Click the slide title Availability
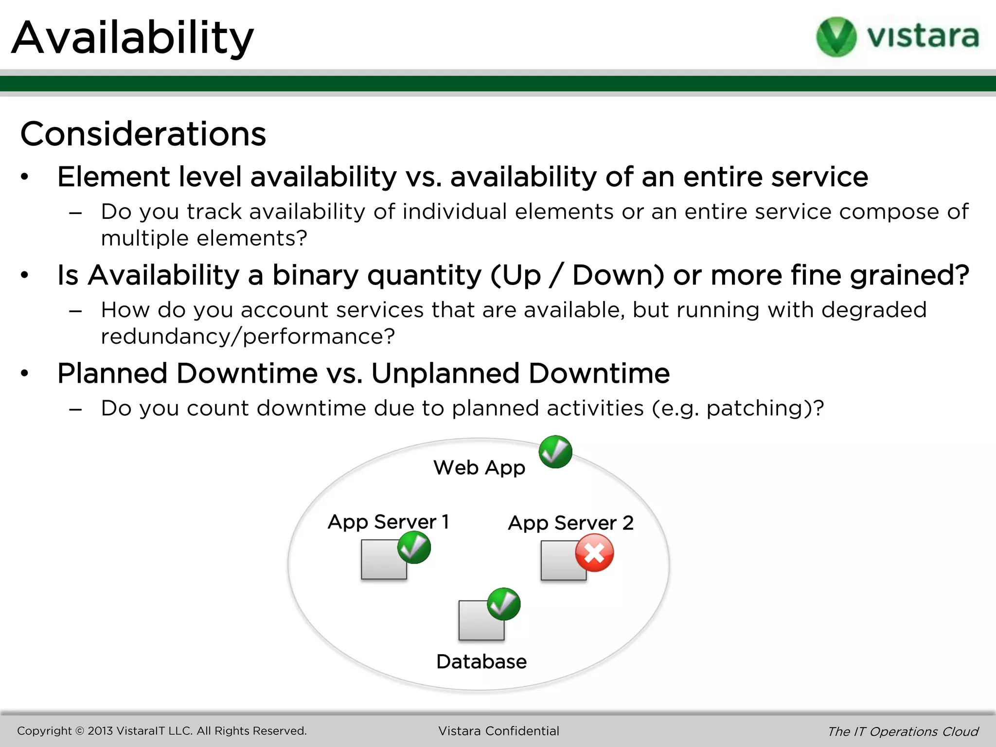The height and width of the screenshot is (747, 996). (132, 38)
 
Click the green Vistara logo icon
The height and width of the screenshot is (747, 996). (836, 36)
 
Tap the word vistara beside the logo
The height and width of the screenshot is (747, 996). (923, 36)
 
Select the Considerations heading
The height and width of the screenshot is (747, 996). (143, 134)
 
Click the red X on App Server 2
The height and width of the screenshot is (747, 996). (594, 553)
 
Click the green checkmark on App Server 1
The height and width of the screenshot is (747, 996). (414, 547)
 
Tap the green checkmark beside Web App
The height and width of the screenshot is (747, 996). (555, 452)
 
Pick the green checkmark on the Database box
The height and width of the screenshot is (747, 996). (504, 604)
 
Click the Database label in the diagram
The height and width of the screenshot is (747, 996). (481, 662)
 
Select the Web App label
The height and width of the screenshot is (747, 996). (479, 468)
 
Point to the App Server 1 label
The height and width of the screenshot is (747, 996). (388, 522)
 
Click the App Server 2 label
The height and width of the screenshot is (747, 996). (570, 523)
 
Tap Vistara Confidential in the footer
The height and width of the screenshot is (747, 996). (498, 731)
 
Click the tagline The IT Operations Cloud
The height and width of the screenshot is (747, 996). (903, 731)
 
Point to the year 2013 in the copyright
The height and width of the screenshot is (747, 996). (100, 731)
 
